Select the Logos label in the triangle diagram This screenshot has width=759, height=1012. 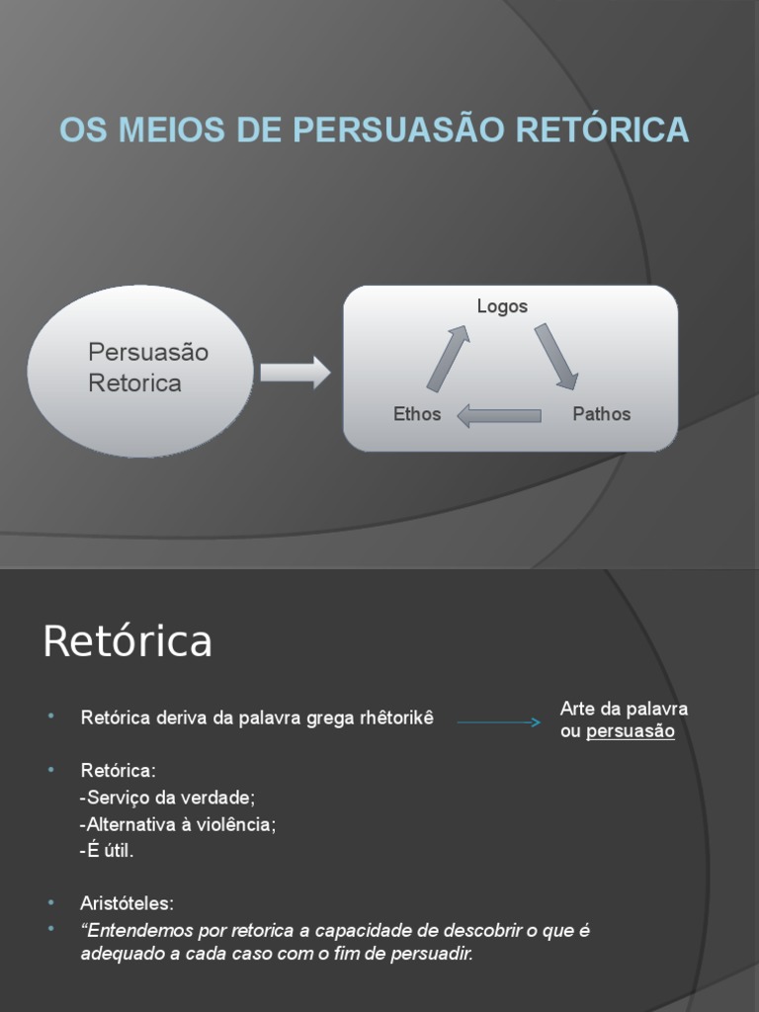(x=502, y=306)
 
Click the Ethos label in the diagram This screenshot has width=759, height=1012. (x=417, y=414)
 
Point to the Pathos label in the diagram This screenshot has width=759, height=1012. (x=601, y=414)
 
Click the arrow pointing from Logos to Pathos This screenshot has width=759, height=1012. (x=556, y=356)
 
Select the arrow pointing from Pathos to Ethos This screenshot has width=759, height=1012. (x=499, y=415)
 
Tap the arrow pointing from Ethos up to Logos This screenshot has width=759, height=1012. (x=448, y=358)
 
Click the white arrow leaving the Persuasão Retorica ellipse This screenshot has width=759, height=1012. (x=295, y=373)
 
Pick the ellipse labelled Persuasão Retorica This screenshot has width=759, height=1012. (x=140, y=371)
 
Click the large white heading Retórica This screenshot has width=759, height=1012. (x=127, y=641)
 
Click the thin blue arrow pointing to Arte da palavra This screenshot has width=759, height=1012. (x=499, y=722)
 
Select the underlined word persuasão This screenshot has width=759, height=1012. (x=631, y=732)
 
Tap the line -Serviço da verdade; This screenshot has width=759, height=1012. (x=167, y=798)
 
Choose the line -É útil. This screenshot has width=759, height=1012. (x=106, y=850)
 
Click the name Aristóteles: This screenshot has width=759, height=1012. (x=127, y=903)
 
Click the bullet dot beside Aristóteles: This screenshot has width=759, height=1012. (x=50, y=902)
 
